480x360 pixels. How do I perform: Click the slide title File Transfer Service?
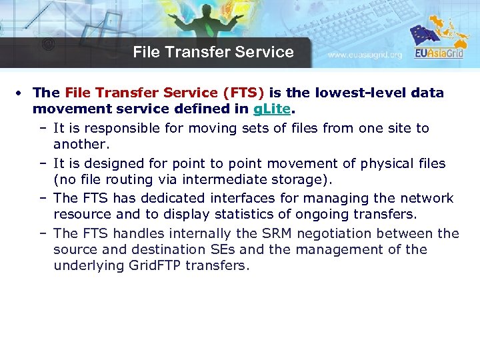pos(213,52)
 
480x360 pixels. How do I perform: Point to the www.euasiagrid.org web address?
pos(365,55)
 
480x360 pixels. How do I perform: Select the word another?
pos(80,145)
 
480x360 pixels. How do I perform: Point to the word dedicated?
pos(175,199)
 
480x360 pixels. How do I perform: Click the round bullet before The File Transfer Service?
pos(23,93)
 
